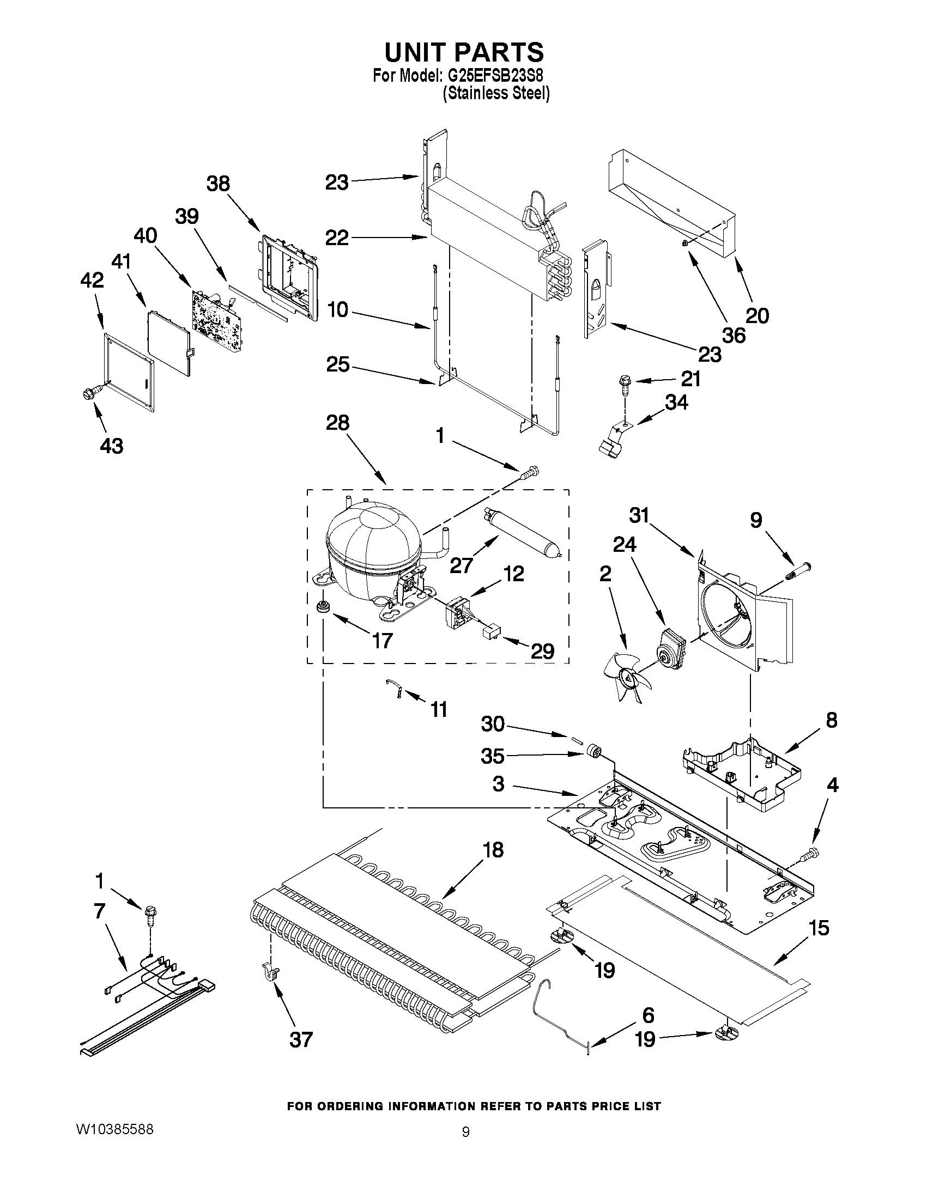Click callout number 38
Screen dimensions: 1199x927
218,184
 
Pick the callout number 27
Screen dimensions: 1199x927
461,565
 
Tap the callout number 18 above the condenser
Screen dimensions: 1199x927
493,850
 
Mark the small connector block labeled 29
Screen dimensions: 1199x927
490,632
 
